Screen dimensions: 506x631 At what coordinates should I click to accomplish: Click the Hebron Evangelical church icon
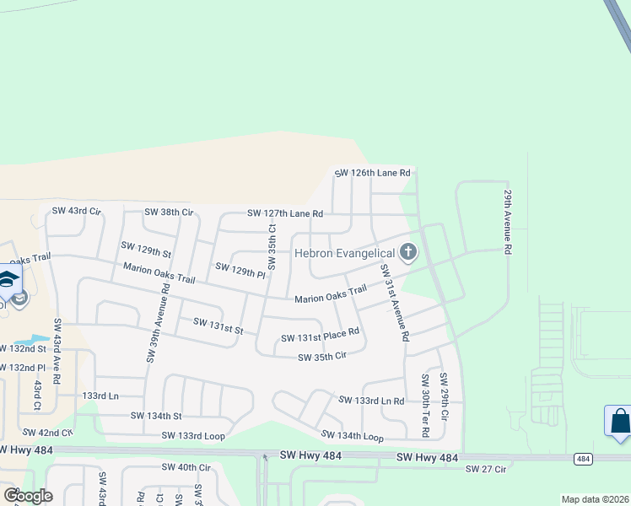click(x=408, y=252)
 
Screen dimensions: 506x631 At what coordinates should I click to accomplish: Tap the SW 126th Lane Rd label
click(x=372, y=173)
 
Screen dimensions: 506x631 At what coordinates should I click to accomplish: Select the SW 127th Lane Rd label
click(x=285, y=213)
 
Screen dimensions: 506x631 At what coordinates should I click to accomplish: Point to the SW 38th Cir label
click(x=169, y=212)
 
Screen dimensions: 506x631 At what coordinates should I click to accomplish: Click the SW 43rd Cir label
click(x=76, y=210)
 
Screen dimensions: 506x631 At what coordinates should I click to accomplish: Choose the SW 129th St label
click(x=146, y=249)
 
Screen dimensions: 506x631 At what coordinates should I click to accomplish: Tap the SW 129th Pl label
click(x=240, y=271)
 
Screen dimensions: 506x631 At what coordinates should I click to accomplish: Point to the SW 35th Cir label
click(x=323, y=357)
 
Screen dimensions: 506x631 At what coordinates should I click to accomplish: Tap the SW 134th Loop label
click(x=352, y=436)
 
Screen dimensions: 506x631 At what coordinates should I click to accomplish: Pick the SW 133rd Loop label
click(x=193, y=436)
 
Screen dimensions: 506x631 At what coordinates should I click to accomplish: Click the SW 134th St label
click(x=156, y=415)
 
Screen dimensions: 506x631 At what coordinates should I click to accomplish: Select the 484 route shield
click(x=583, y=458)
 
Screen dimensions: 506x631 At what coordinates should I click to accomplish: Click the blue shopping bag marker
click(x=618, y=421)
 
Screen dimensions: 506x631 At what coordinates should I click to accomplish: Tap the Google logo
click(x=28, y=495)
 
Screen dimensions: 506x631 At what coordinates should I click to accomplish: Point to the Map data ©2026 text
click(x=594, y=499)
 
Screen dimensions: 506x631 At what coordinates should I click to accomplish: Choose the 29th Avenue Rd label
click(x=509, y=221)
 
